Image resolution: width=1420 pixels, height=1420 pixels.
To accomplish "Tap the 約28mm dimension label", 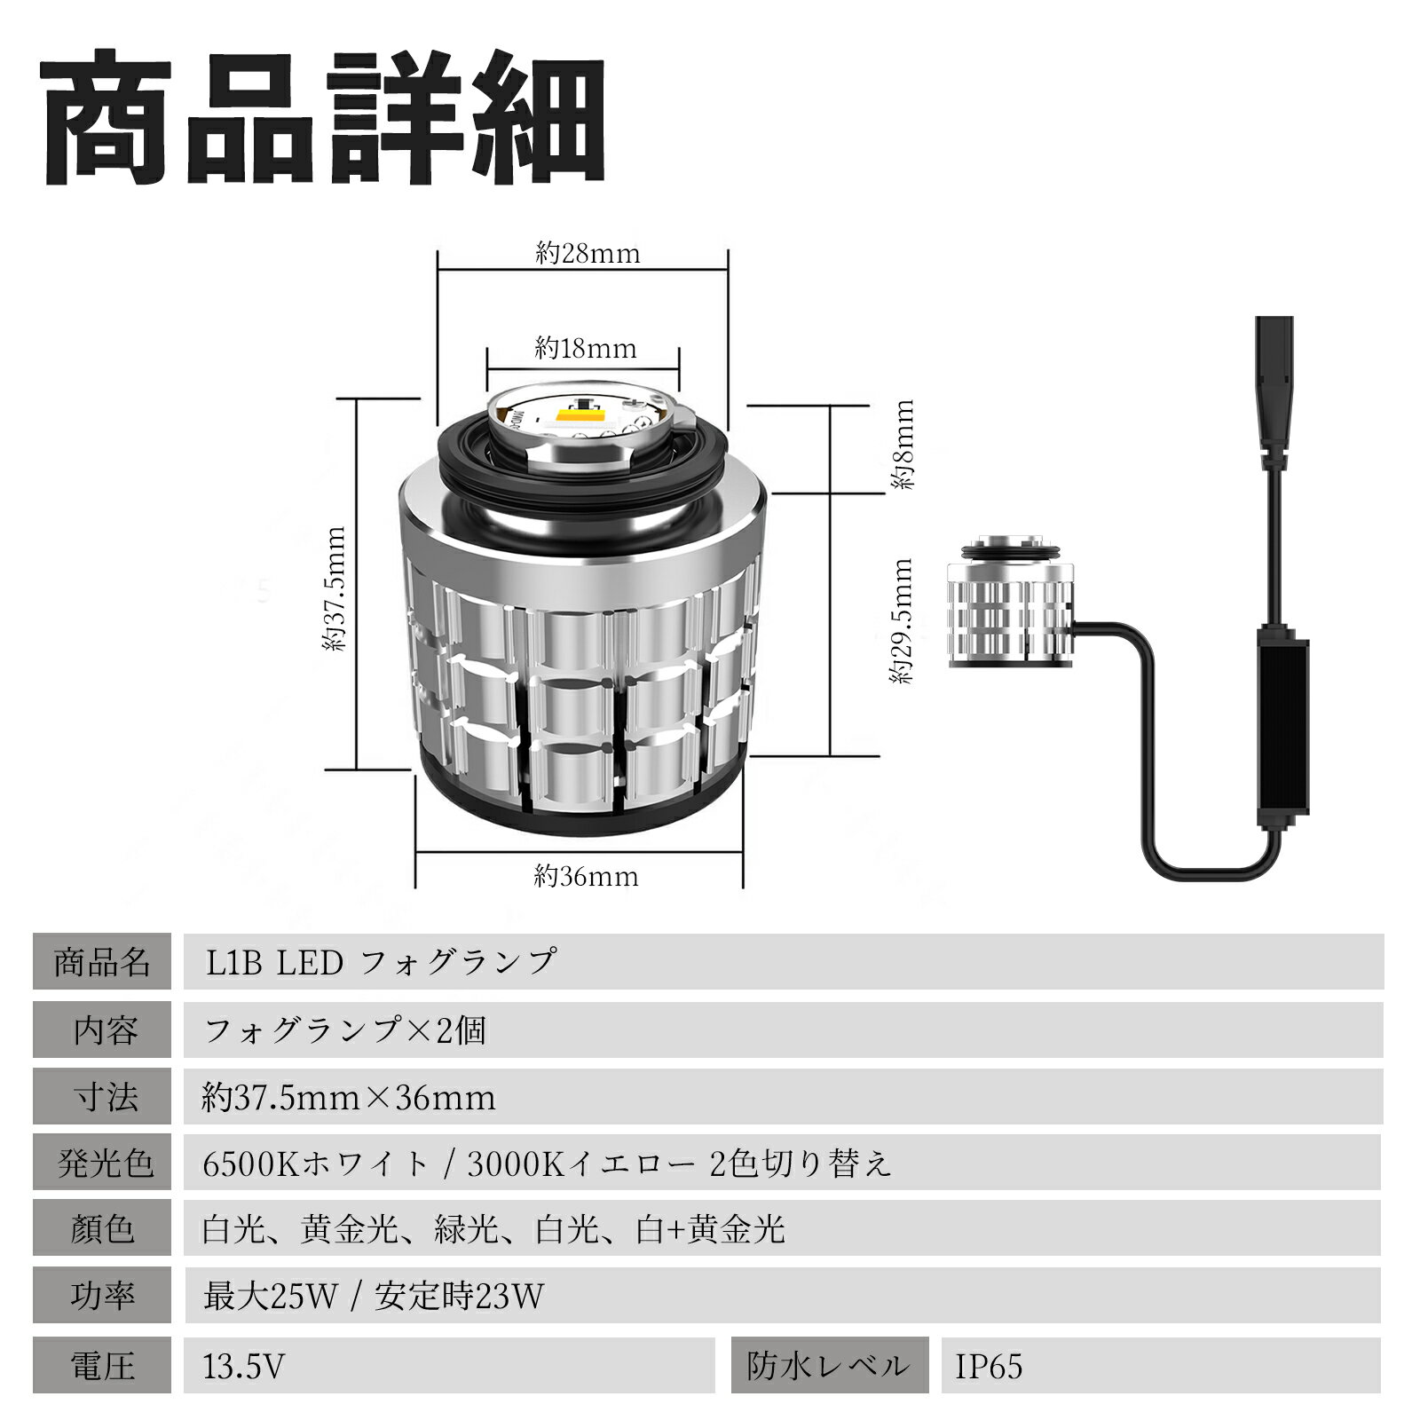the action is tap(588, 254).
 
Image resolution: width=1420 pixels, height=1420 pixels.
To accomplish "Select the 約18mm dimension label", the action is tap(586, 348).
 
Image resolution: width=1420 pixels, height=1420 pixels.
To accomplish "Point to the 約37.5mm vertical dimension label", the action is tap(335, 589).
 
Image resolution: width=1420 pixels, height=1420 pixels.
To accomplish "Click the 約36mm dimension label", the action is tap(586, 877).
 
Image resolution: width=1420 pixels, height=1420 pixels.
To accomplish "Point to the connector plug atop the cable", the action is tap(1274, 392).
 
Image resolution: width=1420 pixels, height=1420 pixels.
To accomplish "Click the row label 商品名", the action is tap(102, 962).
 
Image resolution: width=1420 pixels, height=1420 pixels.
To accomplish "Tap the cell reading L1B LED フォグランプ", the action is tap(382, 962).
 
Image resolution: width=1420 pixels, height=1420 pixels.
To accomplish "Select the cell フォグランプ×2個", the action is tap(345, 1030).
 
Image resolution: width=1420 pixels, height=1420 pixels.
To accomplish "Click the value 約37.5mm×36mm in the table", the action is tap(349, 1098).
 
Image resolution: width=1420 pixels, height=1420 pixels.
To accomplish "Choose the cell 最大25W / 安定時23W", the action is tap(374, 1297).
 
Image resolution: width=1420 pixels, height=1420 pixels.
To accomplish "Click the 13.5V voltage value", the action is tap(244, 1366).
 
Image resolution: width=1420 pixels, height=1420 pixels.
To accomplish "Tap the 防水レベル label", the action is tap(829, 1366).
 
